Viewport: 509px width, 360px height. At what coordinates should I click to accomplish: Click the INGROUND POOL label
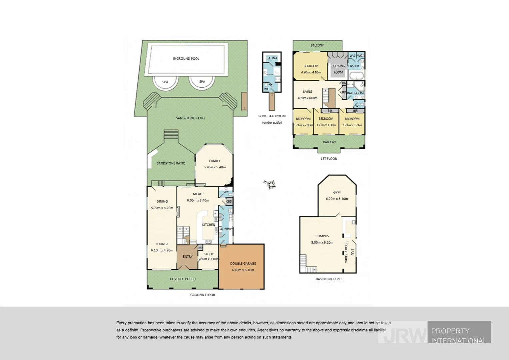click(x=186, y=59)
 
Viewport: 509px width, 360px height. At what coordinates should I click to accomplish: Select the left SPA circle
click(x=165, y=82)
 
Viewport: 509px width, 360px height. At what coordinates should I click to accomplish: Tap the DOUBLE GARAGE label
click(x=243, y=264)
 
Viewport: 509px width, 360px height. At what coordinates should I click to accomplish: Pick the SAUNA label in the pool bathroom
click(x=272, y=58)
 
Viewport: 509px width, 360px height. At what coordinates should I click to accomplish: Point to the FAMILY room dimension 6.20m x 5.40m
click(x=215, y=167)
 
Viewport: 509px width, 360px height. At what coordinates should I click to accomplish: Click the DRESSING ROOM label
click(x=338, y=69)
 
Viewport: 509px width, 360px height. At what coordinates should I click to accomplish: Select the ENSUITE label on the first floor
click(x=354, y=66)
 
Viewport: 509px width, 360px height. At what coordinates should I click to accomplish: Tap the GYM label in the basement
click(x=337, y=192)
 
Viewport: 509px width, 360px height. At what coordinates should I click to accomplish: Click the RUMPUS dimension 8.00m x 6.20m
click(x=322, y=243)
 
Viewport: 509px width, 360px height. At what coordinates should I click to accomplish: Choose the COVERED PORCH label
click(x=183, y=279)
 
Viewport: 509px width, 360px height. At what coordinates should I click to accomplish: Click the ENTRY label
click(x=188, y=257)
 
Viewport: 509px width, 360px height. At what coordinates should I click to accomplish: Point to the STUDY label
click(x=209, y=254)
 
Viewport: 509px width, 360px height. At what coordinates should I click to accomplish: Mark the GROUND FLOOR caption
click(x=203, y=295)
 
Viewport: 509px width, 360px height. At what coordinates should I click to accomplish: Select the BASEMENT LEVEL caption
click(x=329, y=279)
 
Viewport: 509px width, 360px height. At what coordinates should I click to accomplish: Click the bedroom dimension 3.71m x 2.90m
click(x=303, y=125)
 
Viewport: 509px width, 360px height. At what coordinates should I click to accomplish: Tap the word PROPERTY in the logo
click(x=450, y=331)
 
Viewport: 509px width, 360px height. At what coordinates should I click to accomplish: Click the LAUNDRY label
click(x=226, y=229)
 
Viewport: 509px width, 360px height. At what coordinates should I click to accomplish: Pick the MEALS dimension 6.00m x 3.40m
click(x=198, y=200)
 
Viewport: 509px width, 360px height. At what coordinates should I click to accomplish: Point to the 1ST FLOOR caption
click(x=329, y=159)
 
